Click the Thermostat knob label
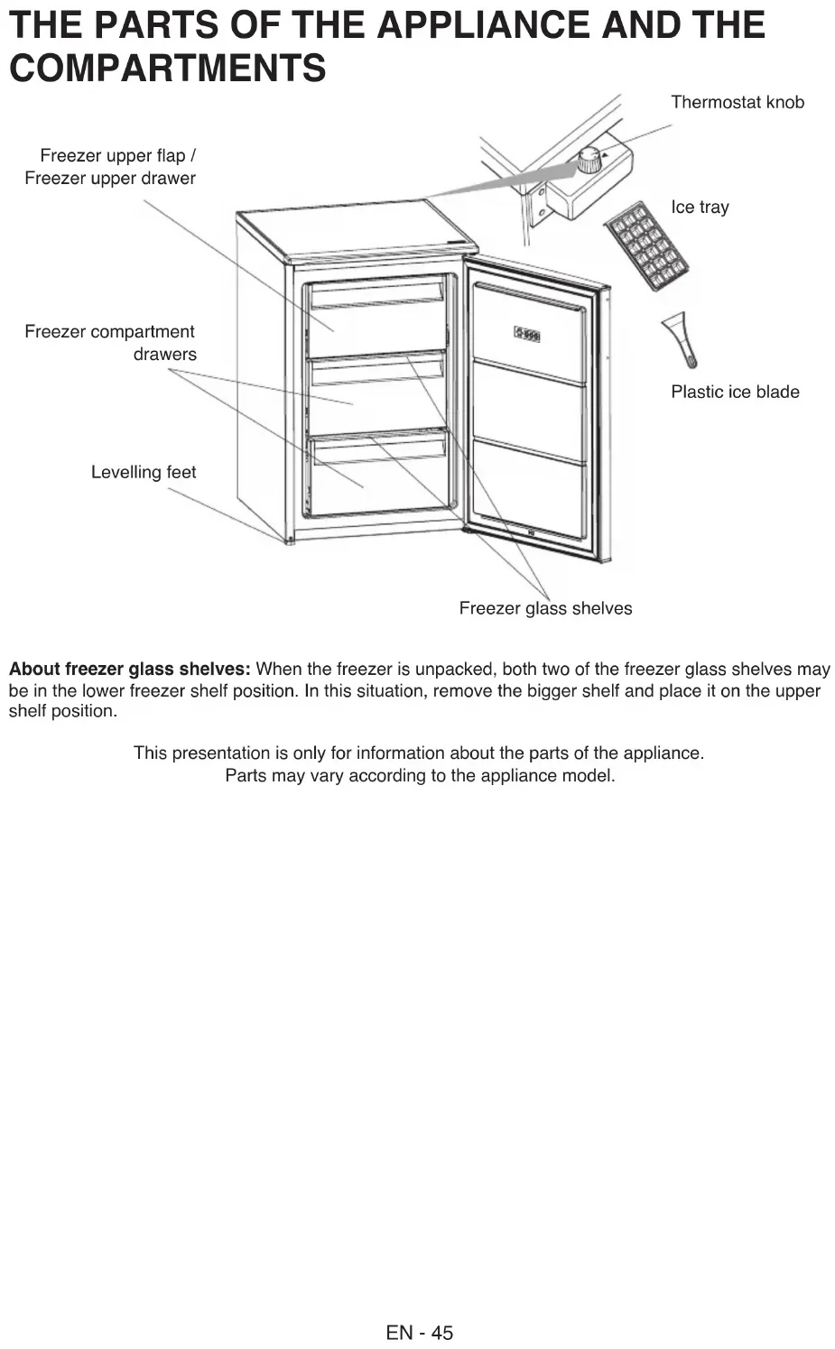[x=737, y=102]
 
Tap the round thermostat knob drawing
[x=589, y=161]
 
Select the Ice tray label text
[x=700, y=207]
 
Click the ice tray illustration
[x=645, y=245]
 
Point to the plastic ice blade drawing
[x=680, y=338]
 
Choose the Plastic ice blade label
[x=735, y=392]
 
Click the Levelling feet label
[x=144, y=472]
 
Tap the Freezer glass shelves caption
[x=545, y=608]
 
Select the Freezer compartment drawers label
[x=110, y=343]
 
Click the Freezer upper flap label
[x=110, y=167]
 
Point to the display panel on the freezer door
[x=527, y=335]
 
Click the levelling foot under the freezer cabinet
[x=289, y=541]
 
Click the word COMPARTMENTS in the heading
[x=167, y=69]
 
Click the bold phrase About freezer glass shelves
[x=129, y=669]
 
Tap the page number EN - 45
[x=419, y=1332]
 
